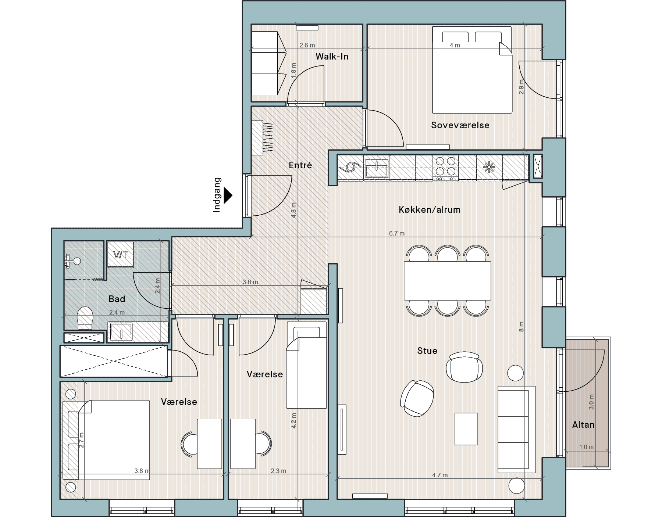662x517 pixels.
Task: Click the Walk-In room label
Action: (332, 56)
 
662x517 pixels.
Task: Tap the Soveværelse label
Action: (460, 125)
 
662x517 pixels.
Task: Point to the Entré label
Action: (300, 165)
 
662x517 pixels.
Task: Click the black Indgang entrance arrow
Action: (228, 195)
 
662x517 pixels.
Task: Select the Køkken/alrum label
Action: (430, 210)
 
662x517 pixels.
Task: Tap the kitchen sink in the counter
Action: (377, 168)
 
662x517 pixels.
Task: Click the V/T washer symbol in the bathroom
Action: (121, 254)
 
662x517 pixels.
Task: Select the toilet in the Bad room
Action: (85, 318)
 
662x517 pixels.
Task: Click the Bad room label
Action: (117, 299)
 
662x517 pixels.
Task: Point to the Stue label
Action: (427, 351)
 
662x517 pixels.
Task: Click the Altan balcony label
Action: (583, 424)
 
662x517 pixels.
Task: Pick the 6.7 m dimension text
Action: (396, 233)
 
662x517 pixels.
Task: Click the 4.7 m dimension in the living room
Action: (440, 475)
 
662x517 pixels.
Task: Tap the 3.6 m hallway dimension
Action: (250, 282)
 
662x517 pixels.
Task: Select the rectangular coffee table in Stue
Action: (466, 429)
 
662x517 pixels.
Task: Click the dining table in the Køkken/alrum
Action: (447, 281)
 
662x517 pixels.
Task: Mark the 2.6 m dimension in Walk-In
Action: (307, 45)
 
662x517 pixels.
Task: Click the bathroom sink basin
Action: (121, 331)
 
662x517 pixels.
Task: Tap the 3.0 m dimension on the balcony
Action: (591, 402)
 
